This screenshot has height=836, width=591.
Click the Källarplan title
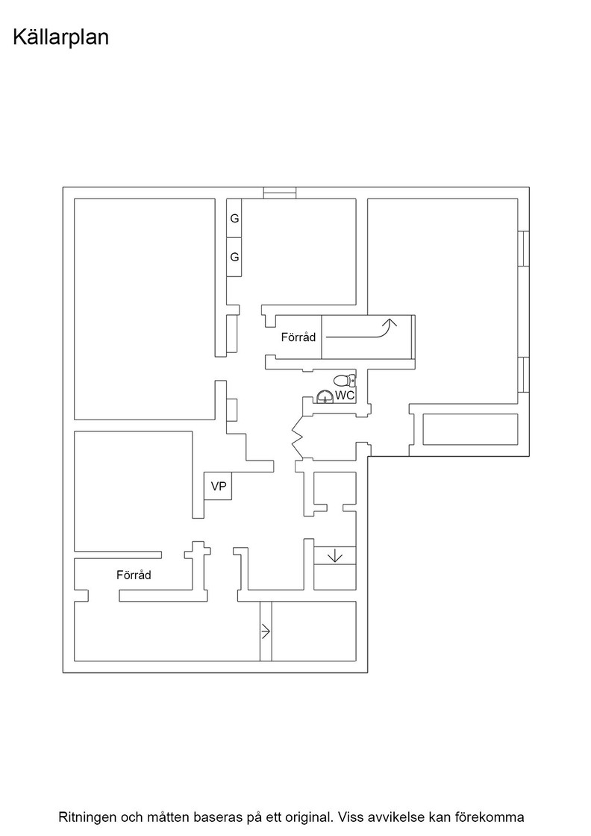60,38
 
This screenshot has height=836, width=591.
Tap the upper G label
234,219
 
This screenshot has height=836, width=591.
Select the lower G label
234,257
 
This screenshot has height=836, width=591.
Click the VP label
219,486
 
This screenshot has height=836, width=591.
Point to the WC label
344,396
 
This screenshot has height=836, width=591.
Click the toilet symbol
345,381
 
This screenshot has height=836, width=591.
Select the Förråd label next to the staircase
298,337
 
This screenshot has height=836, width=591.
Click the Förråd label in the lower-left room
134,575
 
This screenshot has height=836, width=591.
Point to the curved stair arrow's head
390,322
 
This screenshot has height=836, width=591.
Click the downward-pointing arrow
334,556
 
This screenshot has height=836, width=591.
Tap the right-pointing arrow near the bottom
266,631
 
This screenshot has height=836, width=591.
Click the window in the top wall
280,193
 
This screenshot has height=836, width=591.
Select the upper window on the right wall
524,248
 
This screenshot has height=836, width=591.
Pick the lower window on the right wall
524,374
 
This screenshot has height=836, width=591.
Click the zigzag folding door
297,437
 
